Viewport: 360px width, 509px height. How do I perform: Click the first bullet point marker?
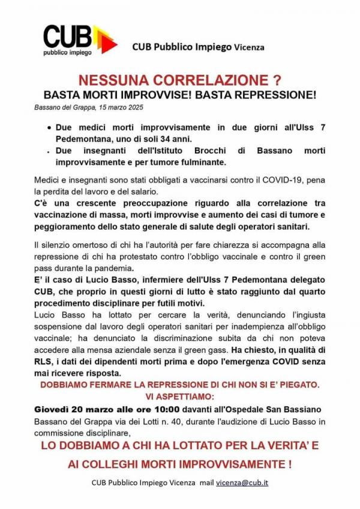[49, 128]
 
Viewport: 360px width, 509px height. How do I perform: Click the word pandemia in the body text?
[112, 268]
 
